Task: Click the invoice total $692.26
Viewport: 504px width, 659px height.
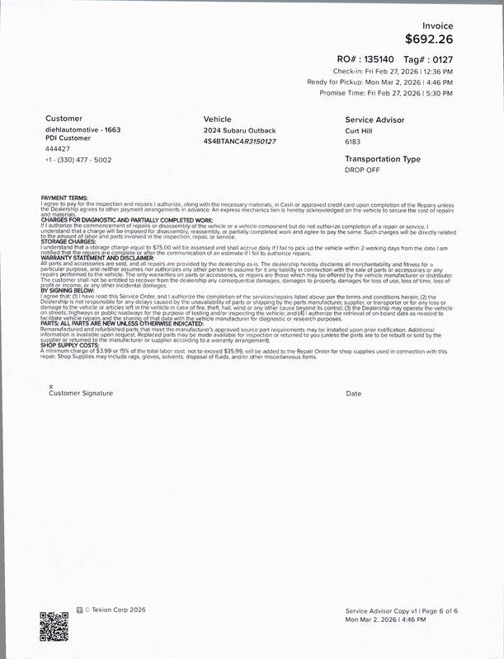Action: [x=429, y=38]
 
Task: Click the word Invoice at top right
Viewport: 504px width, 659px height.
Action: [x=438, y=26]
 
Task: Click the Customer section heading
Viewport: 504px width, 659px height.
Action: [x=64, y=119]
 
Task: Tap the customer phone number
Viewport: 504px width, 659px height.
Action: [x=78, y=160]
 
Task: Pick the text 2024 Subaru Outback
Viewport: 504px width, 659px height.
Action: [x=239, y=131]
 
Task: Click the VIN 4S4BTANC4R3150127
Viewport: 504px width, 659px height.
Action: [x=239, y=142]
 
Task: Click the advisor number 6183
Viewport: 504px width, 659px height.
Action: [x=353, y=142]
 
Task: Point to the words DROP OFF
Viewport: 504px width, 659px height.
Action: [x=362, y=170]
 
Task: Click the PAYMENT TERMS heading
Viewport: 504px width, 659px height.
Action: [x=64, y=199]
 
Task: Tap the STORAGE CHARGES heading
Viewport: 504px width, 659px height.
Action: [x=68, y=242]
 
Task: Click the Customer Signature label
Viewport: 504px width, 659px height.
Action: [x=81, y=394]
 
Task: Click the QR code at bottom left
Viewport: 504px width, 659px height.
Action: [x=54, y=625]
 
